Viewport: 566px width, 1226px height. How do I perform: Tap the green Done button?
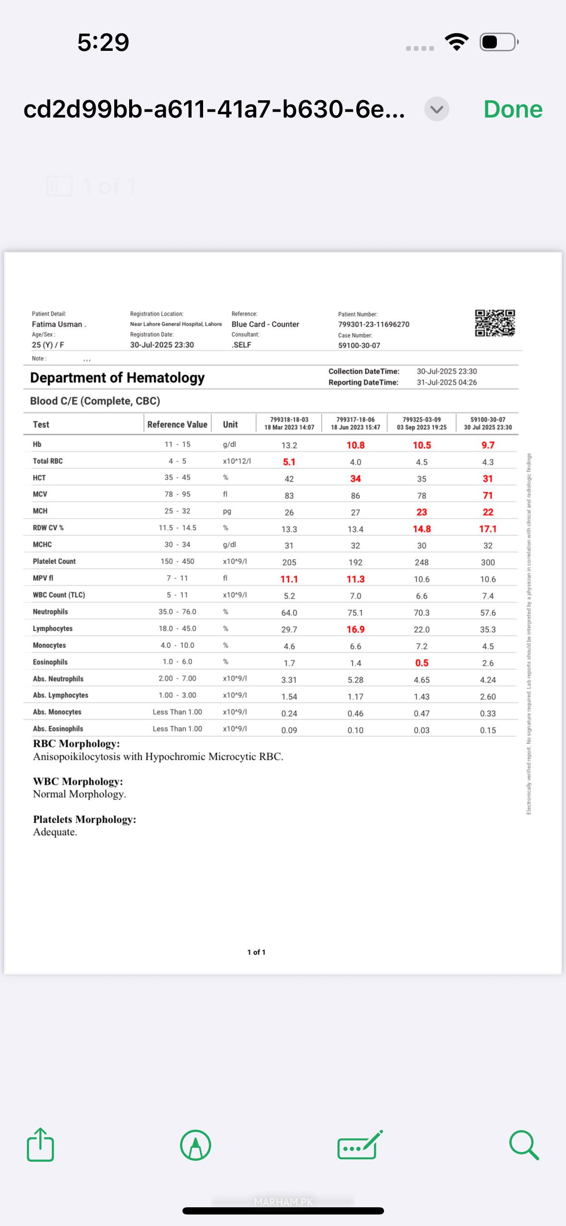pos(513,109)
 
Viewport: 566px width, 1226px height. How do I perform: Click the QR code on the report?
pos(495,323)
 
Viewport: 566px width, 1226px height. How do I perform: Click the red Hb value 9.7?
pos(488,445)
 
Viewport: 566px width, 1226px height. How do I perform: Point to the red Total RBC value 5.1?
pos(289,462)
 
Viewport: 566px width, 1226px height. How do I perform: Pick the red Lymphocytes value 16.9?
pos(355,629)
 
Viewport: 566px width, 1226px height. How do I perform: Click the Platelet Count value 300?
pos(488,562)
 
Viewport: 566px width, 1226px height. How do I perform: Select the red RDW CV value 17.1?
pos(488,529)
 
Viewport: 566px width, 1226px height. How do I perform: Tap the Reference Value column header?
pos(177,424)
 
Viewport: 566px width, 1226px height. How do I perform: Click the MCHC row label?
pos(42,544)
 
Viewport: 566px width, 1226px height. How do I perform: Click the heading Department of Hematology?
pos(117,378)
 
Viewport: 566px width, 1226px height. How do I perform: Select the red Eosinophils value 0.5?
pos(421,663)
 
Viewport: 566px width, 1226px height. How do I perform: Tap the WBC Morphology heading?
pos(78,781)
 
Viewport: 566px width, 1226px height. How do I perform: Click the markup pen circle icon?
pos(195,1145)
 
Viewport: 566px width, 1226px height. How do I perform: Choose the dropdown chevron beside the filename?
pos(436,109)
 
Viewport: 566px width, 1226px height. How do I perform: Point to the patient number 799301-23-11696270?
pos(373,324)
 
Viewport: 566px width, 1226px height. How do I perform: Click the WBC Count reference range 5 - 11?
pos(177,595)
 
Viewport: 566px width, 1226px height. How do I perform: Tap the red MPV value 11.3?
pos(355,579)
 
